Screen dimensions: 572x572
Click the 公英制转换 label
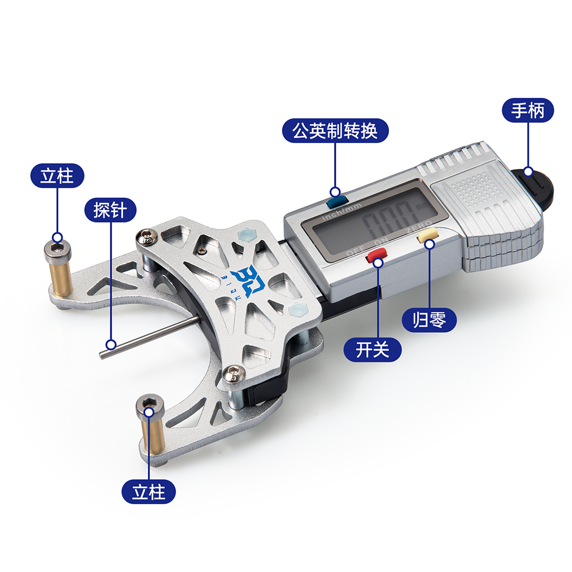click(x=335, y=132)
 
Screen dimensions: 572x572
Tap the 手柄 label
click(x=527, y=111)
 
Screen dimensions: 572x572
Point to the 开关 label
click(x=372, y=349)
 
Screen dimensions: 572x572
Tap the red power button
click(x=376, y=257)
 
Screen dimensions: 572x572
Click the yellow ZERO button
click(x=427, y=236)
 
